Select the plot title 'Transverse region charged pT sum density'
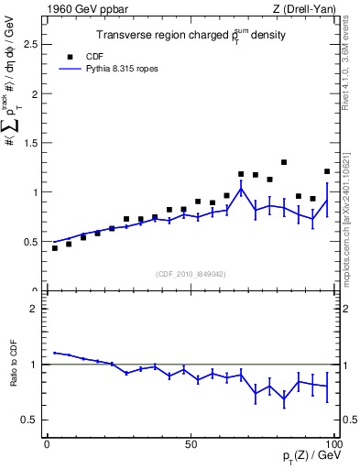[191, 36]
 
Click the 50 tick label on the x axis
[191, 443]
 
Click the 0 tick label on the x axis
[47, 443]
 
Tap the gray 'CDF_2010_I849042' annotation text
[191, 272]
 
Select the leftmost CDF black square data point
[55, 248]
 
